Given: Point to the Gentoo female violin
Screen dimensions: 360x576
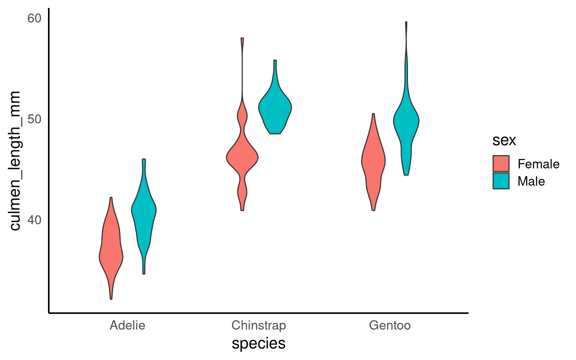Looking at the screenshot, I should coord(373,161).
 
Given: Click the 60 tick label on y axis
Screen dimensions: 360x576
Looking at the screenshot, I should coord(34,18).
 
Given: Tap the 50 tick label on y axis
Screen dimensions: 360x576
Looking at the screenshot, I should coord(34,119).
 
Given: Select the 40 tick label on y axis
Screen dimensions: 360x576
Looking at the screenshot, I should coord(34,220).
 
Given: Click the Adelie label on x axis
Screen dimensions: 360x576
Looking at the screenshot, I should coord(127,325).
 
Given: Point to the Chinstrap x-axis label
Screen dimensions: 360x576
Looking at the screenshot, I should coord(259,325).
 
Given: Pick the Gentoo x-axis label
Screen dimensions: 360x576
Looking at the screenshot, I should coord(390,325).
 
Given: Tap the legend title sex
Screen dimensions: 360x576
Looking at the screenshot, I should coord(504,140).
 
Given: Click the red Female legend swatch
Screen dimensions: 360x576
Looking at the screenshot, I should coord(501,164).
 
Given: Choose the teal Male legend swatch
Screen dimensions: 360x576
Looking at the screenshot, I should coord(501,181).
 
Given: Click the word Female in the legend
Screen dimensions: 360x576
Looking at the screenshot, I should coord(538,164).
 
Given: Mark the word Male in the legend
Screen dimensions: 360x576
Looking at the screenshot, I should coord(531,181).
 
